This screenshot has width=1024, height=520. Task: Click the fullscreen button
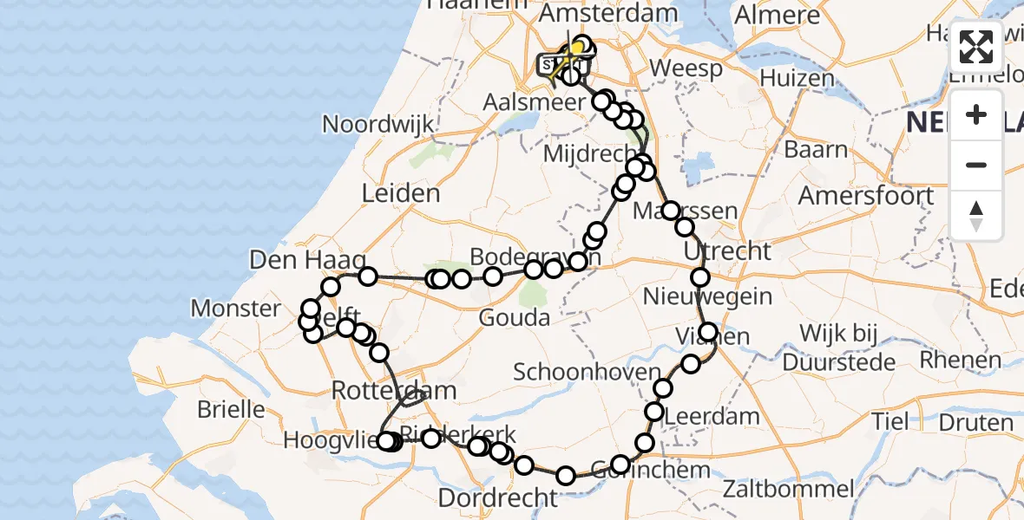[976, 48]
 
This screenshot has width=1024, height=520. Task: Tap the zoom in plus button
[976, 114]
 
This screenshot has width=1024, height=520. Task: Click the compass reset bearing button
[976, 216]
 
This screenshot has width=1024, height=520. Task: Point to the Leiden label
[401, 192]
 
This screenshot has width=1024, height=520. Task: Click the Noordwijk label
[377, 124]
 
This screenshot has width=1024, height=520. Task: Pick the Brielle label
[231, 408]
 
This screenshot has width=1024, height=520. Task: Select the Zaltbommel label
[796, 489]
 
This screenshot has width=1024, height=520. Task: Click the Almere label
[778, 15]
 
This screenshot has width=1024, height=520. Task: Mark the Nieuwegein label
[707, 296]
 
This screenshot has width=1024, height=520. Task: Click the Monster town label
[236, 308]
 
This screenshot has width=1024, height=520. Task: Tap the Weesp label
[686, 68]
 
